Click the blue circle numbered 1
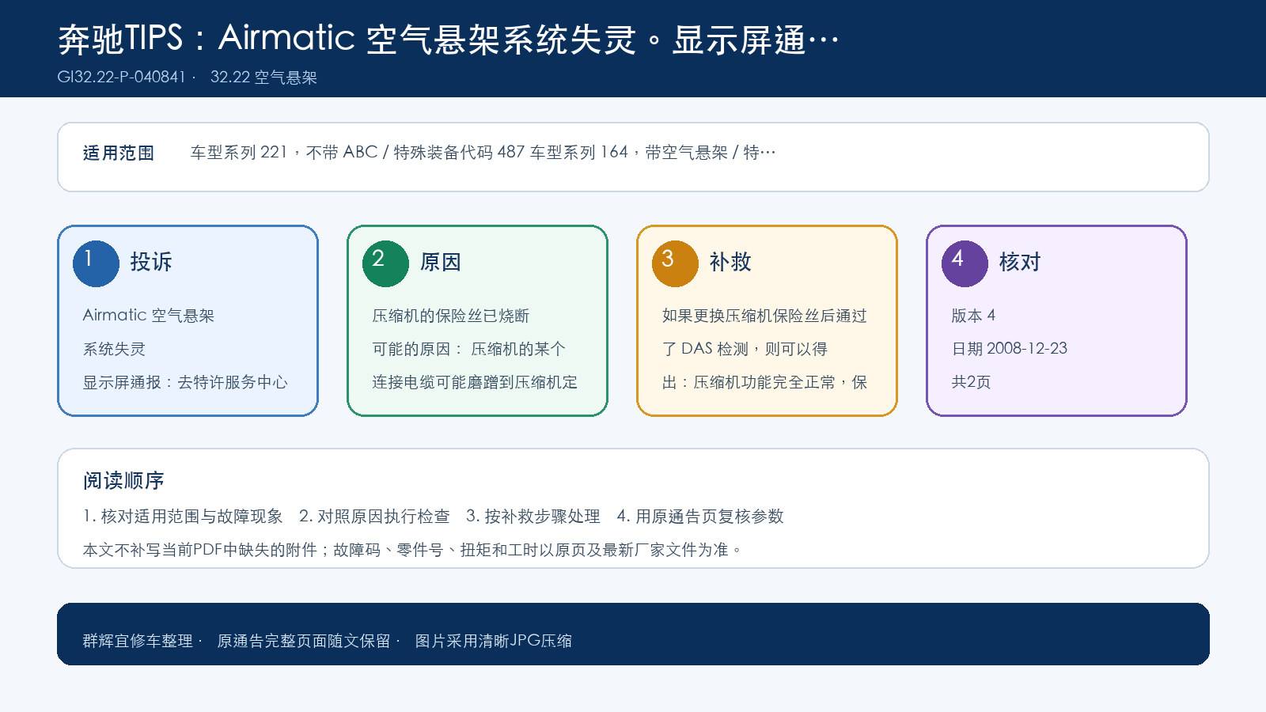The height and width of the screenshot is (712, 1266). click(x=96, y=264)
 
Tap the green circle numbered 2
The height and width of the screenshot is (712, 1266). click(x=385, y=264)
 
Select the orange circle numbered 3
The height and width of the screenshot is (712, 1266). click(x=675, y=264)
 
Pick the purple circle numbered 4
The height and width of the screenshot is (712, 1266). click(x=965, y=264)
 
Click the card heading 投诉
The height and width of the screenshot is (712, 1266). click(x=151, y=262)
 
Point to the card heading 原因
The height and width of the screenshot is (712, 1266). click(x=440, y=262)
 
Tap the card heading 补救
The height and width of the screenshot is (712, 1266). click(x=730, y=262)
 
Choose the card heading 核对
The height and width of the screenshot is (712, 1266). click(x=1020, y=262)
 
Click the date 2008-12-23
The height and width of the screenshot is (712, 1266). click(x=1027, y=348)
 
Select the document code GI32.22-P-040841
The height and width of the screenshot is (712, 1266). click(x=121, y=77)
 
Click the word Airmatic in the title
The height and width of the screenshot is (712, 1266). click(x=286, y=38)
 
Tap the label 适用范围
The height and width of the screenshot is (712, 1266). click(x=119, y=153)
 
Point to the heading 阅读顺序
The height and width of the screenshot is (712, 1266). click(x=123, y=481)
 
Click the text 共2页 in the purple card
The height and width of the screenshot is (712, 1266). click(x=971, y=382)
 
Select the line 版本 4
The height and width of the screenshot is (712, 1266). click(x=973, y=316)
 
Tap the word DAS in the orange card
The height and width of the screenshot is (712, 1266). click(x=697, y=349)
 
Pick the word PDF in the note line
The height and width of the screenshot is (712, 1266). click(x=207, y=549)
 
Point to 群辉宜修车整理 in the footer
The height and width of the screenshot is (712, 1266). click(x=138, y=641)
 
